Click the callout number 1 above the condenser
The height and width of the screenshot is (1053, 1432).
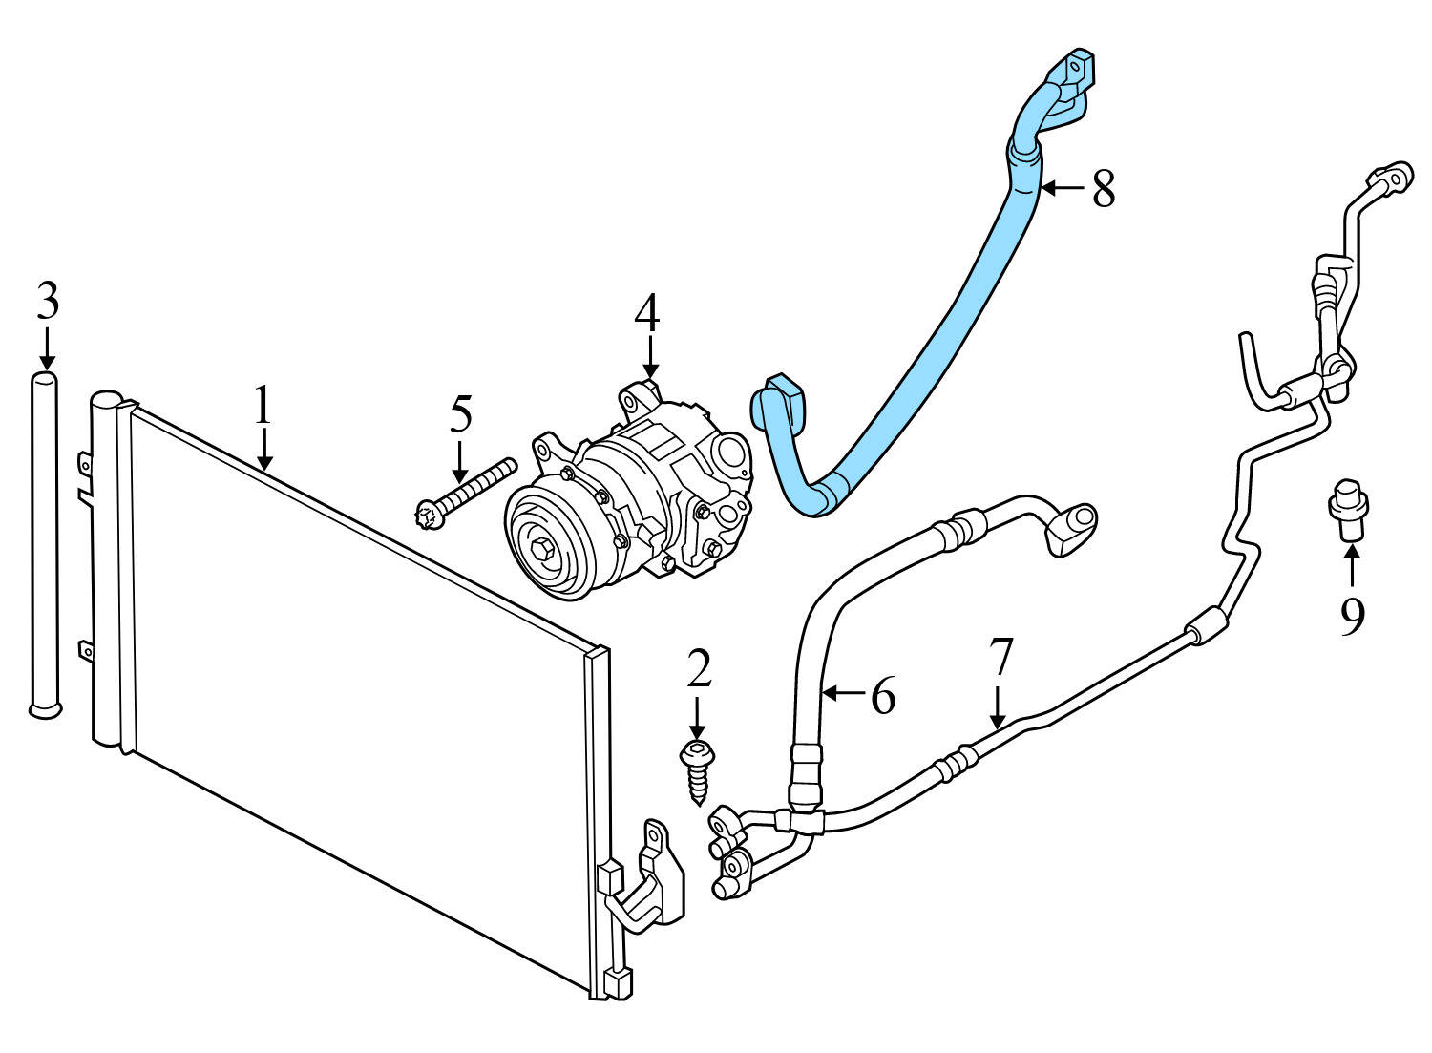263,406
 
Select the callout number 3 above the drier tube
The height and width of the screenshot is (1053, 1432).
48,302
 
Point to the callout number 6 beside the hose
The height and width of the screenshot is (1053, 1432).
883,696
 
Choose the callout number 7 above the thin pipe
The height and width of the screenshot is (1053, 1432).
1000,657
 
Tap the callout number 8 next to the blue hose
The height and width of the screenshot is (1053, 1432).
1104,189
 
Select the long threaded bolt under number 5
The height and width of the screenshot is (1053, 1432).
465,490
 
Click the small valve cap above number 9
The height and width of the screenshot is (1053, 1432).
1348,509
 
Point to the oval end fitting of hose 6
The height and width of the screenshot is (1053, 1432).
1073,528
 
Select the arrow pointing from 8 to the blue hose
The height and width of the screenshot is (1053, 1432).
1062,189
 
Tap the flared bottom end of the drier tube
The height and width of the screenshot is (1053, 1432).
45,707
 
